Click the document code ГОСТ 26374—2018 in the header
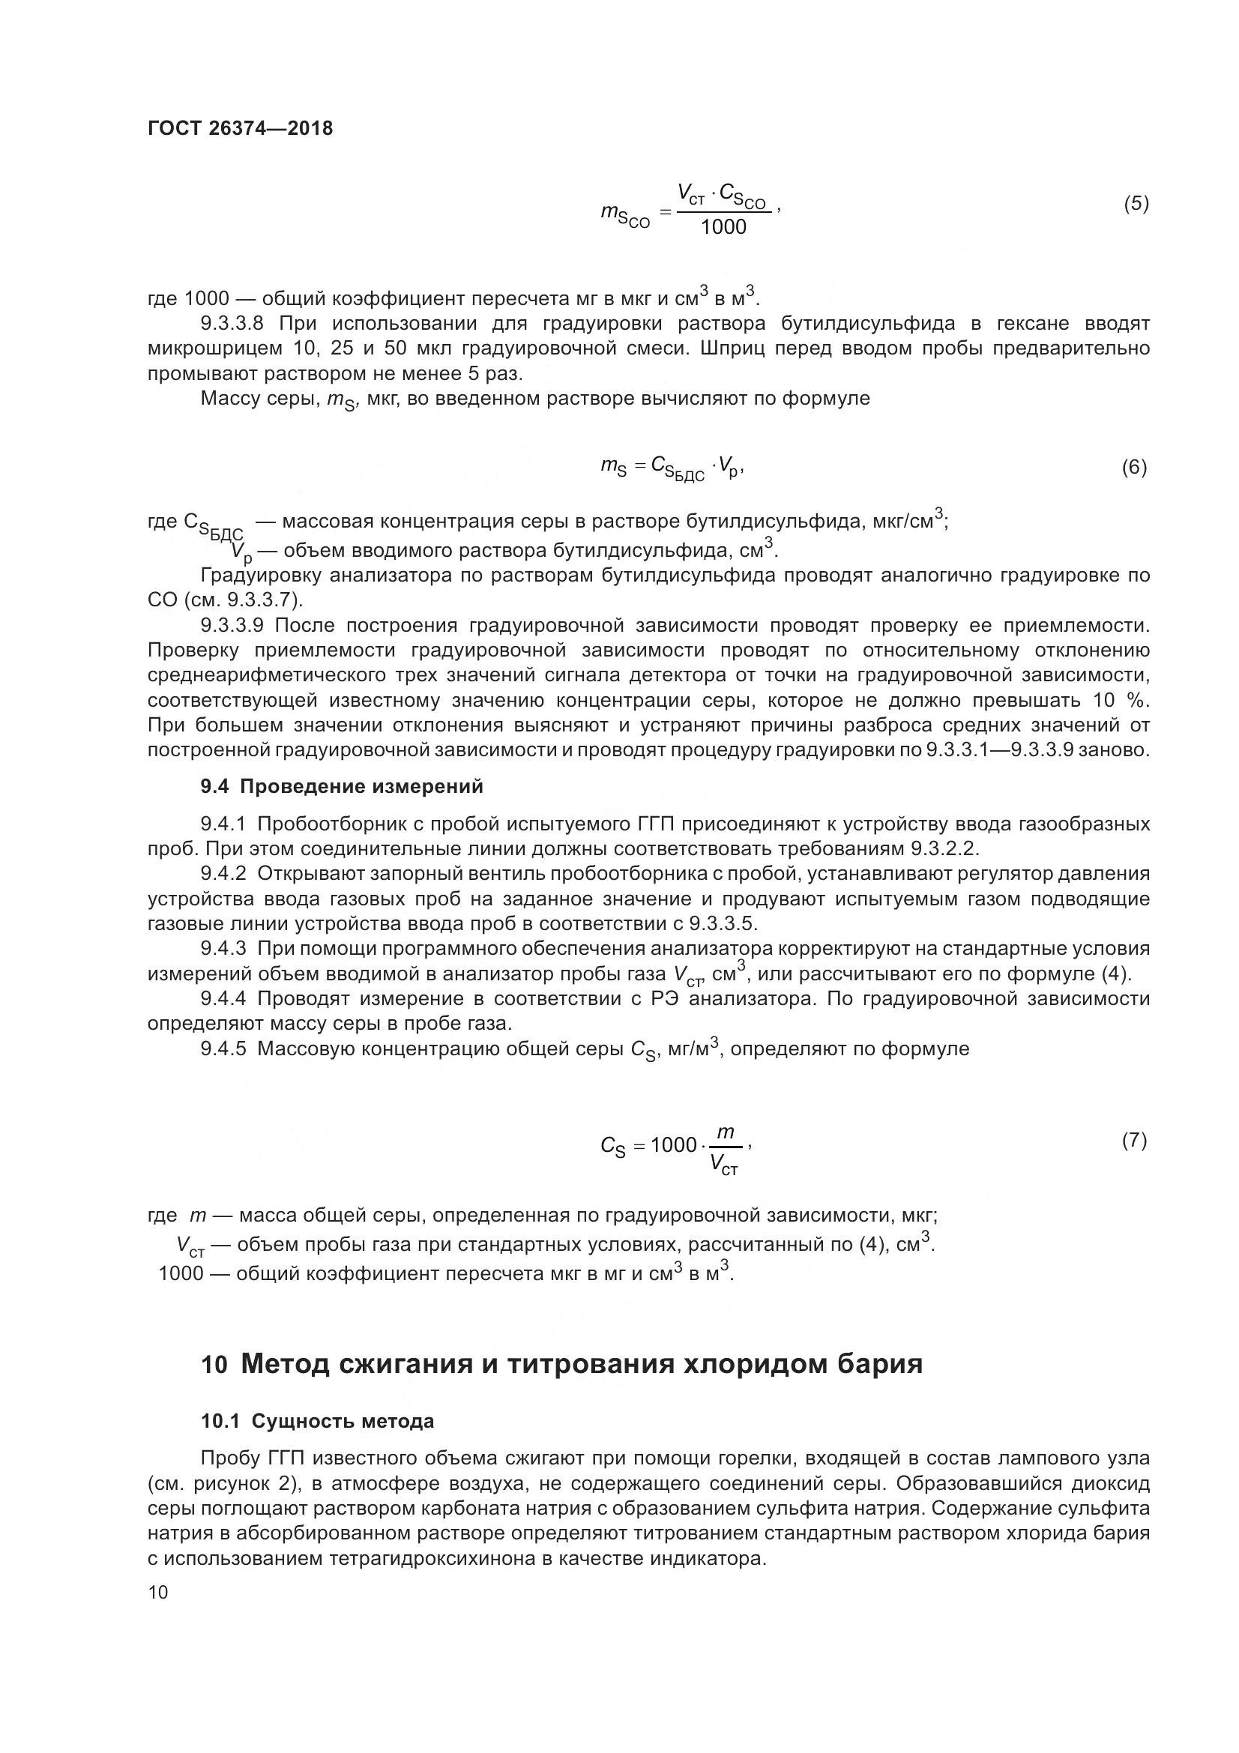(x=240, y=128)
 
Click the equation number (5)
(x=1135, y=203)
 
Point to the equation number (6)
(x=1133, y=466)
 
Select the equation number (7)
(x=1133, y=1140)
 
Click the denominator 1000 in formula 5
(x=723, y=227)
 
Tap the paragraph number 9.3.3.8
(x=232, y=323)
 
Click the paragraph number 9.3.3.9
(x=232, y=625)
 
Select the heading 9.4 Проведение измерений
(x=341, y=785)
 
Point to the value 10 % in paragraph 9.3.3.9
(x=1126, y=700)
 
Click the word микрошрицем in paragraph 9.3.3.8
(x=212, y=349)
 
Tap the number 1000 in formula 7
(x=673, y=1145)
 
